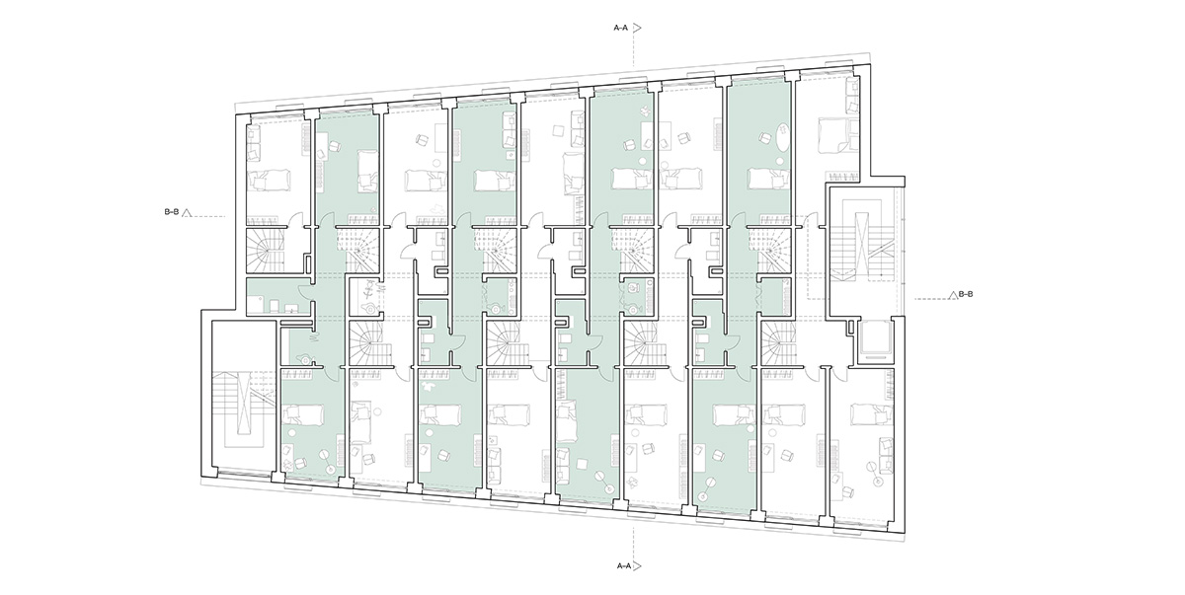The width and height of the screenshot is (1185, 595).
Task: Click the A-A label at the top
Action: (x=620, y=28)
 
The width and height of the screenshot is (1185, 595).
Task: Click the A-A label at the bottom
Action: (x=624, y=566)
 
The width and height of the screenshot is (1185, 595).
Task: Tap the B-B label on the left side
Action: (x=172, y=212)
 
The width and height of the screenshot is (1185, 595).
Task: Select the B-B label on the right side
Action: (x=966, y=294)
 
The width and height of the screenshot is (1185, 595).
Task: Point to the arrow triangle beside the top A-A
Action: (x=637, y=28)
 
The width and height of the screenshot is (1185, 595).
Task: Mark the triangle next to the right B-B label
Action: (x=953, y=295)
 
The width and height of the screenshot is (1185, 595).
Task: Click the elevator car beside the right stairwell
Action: (x=876, y=339)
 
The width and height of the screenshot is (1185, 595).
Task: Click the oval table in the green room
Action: (x=782, y=136)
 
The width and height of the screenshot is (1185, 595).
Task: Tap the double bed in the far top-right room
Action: (x=832, y=135)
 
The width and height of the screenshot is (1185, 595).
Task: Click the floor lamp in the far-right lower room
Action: (x=873, y=473)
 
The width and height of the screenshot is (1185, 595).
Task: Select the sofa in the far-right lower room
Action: (x=885, y=453)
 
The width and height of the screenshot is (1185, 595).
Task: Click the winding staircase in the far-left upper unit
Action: (x=266, y=250)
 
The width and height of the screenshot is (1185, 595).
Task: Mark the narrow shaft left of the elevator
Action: (x=850, y=327)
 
